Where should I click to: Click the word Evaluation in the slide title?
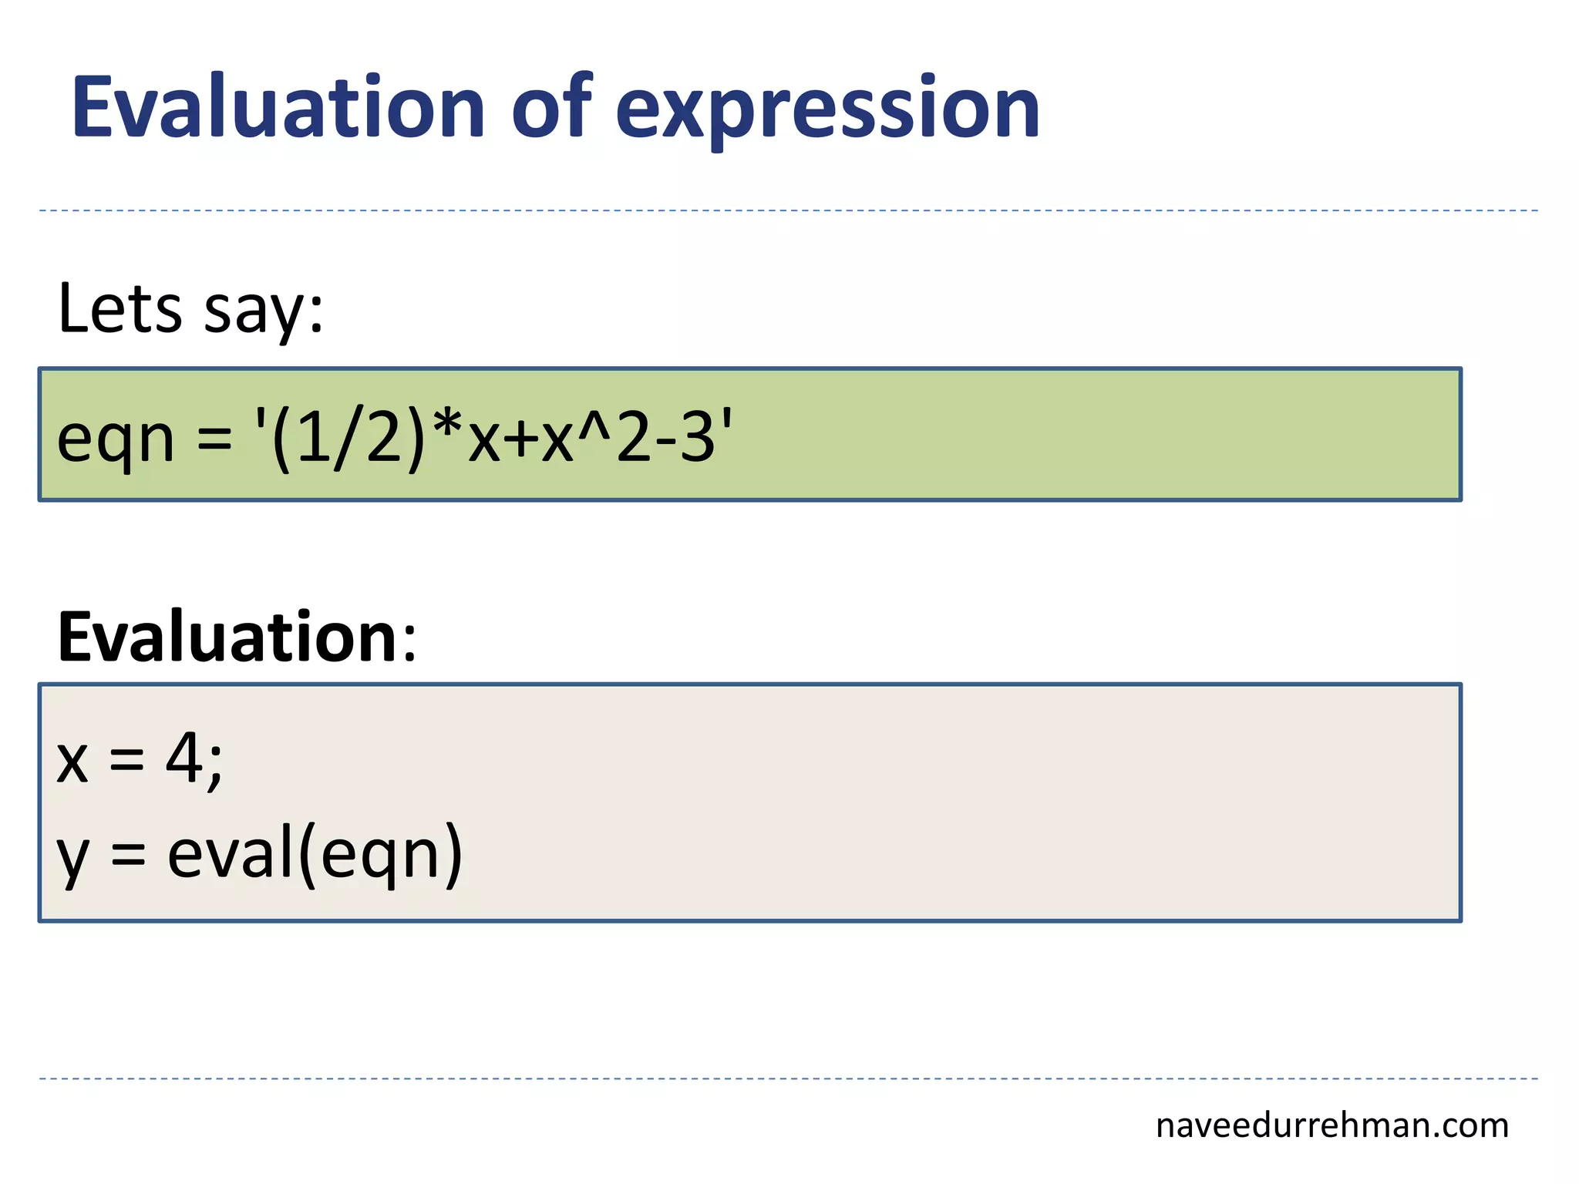[278, 108]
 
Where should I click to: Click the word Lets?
[120, 308]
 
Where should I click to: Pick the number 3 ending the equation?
[698, 438]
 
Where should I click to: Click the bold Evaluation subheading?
[227, 637]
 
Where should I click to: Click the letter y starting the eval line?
[73, 859]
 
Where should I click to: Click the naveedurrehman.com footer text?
[1332, 1125]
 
